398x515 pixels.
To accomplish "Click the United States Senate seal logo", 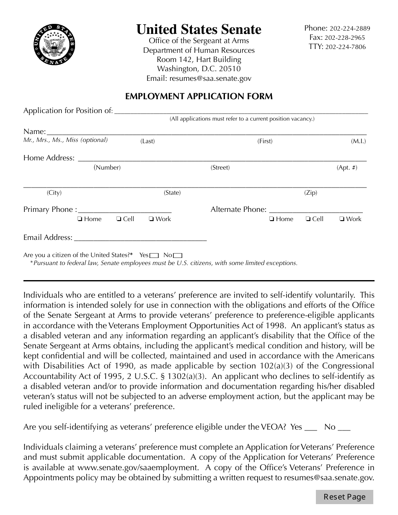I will tap(54, 46).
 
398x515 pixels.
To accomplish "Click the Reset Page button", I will tap(344, 497).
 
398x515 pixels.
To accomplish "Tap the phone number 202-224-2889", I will tap(349, 29).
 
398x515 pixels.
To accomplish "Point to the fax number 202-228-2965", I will tap(347, 38).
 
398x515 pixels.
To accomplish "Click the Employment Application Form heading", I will tap(199, 97).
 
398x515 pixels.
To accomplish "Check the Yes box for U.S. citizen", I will tap(154, 255).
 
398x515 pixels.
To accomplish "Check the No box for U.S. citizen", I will tap(178, 255).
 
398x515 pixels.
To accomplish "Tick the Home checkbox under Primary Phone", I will tap(80, 219).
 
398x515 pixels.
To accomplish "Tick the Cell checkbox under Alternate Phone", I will tap(308, 219).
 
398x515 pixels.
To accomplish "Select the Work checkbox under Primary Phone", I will tap(151, 219).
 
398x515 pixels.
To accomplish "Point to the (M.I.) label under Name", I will tap(358, 142).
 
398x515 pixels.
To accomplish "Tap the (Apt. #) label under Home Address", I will tap(347, 168).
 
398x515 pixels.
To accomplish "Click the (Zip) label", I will tap(310, 193).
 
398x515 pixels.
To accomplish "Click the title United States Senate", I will tap(199, 29).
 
